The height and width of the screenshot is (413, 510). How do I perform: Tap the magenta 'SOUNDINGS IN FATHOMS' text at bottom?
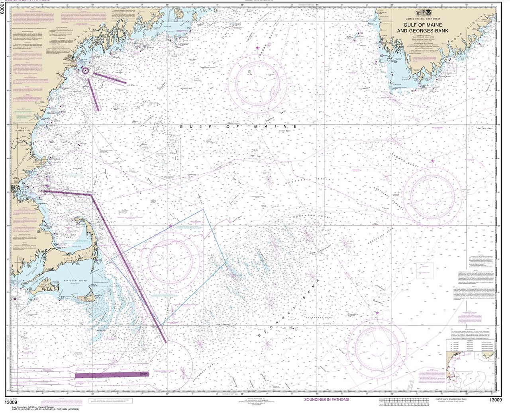click(326, 399)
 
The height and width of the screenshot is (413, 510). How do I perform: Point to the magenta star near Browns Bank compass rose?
click(433, 162)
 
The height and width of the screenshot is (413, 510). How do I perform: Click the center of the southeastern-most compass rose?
click(376, 341)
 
